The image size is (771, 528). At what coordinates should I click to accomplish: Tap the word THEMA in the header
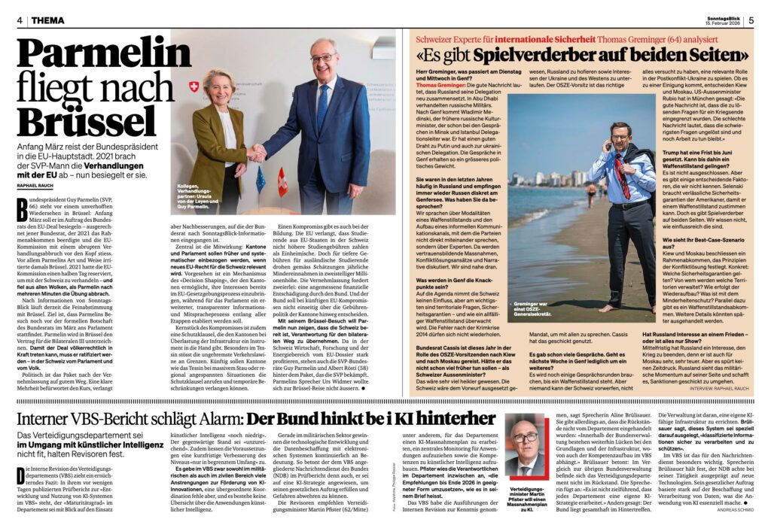[x=47, y=20]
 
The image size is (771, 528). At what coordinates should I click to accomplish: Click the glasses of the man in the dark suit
[x=324, y=59]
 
